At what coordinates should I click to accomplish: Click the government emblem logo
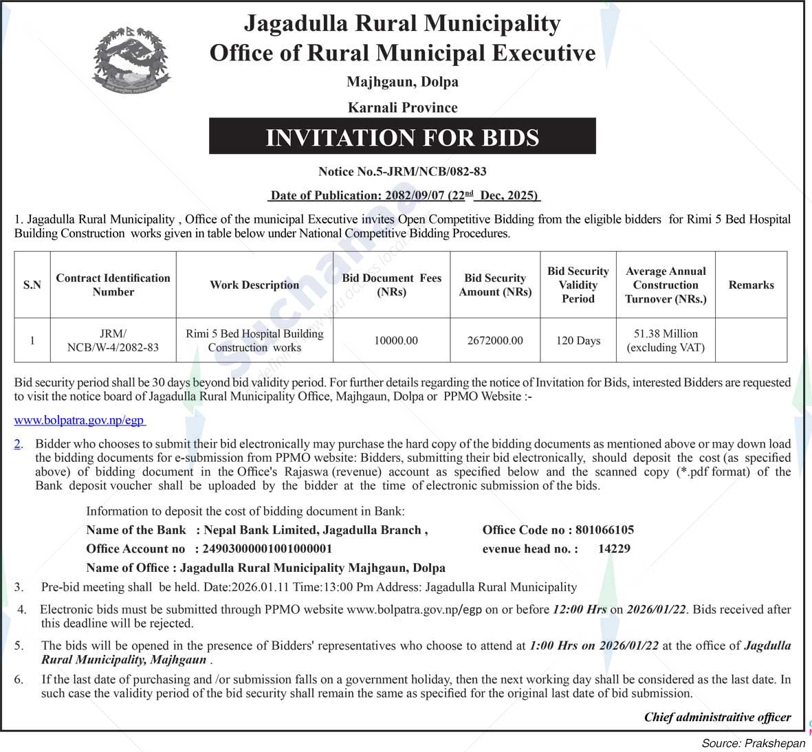click(x=131, y=60)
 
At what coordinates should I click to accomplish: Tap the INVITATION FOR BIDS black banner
click(x=402, y=137)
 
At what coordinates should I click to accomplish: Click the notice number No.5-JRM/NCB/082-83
click(x=402, y=171)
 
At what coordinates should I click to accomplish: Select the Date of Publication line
click(x=404, y=196)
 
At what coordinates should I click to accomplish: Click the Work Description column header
click(x=254, y=285)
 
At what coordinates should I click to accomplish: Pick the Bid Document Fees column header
click(x=392, y=285)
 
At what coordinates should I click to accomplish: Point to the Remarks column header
click(x=751, y=285)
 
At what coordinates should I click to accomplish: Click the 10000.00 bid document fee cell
click(x=396, y=341)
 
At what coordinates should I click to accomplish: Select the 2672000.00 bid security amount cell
click(x=495, y=341)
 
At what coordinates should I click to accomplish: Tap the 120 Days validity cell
click(x=578, y=341)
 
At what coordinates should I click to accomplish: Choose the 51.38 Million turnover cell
click(x=666, y=341)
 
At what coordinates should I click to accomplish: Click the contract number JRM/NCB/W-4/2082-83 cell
click(x=113, y=341)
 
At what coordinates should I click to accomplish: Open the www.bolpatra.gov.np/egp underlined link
click(x=80, y=420)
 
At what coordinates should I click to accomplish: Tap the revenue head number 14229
click(x=614, y=549)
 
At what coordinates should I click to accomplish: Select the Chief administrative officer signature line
click(x=717, y=718)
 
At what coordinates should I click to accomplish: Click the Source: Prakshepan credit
click(x=753, y=744)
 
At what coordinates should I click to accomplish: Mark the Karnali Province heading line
click(x=402, y=108)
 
